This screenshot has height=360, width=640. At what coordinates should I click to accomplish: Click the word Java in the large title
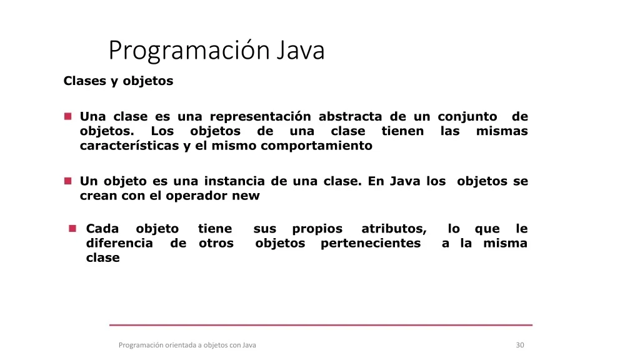300,50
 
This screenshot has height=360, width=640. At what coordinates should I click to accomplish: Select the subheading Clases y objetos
118,81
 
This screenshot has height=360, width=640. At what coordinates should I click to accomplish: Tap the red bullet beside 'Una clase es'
67,117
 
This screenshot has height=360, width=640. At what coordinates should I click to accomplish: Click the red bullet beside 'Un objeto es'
67,181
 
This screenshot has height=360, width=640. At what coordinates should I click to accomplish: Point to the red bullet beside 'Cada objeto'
72,228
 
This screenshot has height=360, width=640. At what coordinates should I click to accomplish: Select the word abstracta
350,116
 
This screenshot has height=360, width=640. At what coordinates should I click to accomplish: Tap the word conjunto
467,117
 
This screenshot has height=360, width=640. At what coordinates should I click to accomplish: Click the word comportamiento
316,146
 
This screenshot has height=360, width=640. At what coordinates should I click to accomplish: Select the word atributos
394,229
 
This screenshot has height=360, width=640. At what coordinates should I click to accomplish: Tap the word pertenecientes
371,243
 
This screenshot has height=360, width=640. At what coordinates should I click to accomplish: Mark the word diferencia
119,243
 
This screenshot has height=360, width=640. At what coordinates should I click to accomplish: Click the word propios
317,229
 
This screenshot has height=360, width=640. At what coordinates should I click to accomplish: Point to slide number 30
520,345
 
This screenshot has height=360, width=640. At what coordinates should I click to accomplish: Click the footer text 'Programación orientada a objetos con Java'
187,345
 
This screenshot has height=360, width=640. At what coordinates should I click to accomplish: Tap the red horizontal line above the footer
321,325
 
